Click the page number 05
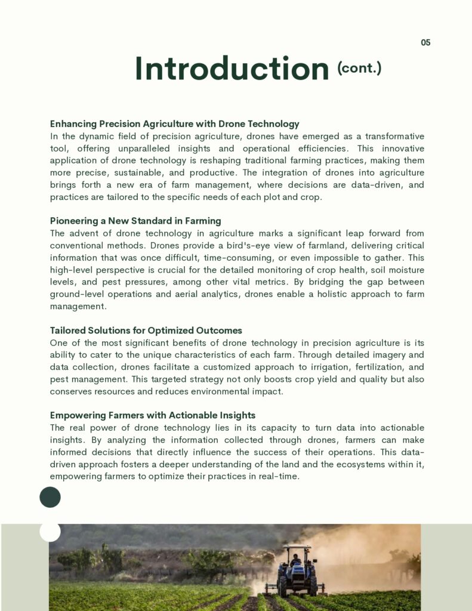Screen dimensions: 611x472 [425, 42]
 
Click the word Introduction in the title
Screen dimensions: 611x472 [232, 69]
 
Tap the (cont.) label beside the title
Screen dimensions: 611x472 [359, 68]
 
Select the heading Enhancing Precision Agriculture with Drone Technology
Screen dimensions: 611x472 [174, 124]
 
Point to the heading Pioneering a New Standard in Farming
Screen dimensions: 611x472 [135, 221]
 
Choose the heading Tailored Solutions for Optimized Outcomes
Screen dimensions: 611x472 [146, 331]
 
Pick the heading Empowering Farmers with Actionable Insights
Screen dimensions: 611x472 [153, 415]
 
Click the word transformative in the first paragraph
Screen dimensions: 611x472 [394, 136]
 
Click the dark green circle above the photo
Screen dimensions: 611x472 [50, 497]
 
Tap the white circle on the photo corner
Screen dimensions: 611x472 [50, 530]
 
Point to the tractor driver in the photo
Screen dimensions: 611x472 [295, 560]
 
